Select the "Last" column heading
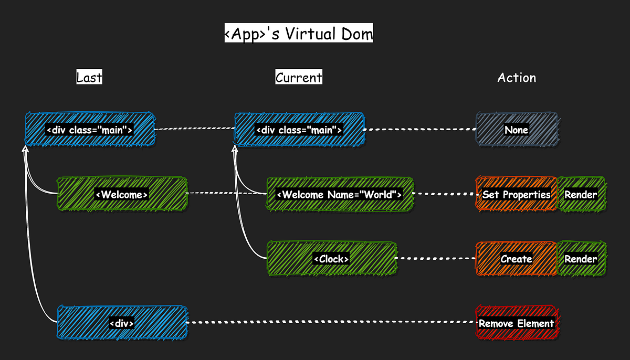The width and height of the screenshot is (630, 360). (89, 78)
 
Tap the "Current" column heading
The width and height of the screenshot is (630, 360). (299, 78)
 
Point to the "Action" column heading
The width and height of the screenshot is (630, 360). (517, 78)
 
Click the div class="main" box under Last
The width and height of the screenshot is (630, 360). (90, 129)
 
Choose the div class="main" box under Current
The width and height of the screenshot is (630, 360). (299, 129)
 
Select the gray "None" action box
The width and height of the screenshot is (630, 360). (517, 129)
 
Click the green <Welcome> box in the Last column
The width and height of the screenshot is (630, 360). (122, 194)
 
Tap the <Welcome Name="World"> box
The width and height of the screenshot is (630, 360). (340, 194)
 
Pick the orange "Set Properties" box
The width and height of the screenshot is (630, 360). (516, 194)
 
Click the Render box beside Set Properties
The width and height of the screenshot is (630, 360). (581, 194)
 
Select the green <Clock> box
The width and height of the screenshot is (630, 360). (331, 258)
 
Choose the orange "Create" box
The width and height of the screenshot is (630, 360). (516, 258)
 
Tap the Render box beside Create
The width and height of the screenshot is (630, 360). (581, 258)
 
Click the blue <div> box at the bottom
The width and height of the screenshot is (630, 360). (122, 323)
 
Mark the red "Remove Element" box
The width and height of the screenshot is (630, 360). (516, 323)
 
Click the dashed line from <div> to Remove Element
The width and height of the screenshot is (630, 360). (331, 322)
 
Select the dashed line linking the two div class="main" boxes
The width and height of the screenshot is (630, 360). (194, 128)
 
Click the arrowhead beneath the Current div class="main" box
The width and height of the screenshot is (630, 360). (235, 150)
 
